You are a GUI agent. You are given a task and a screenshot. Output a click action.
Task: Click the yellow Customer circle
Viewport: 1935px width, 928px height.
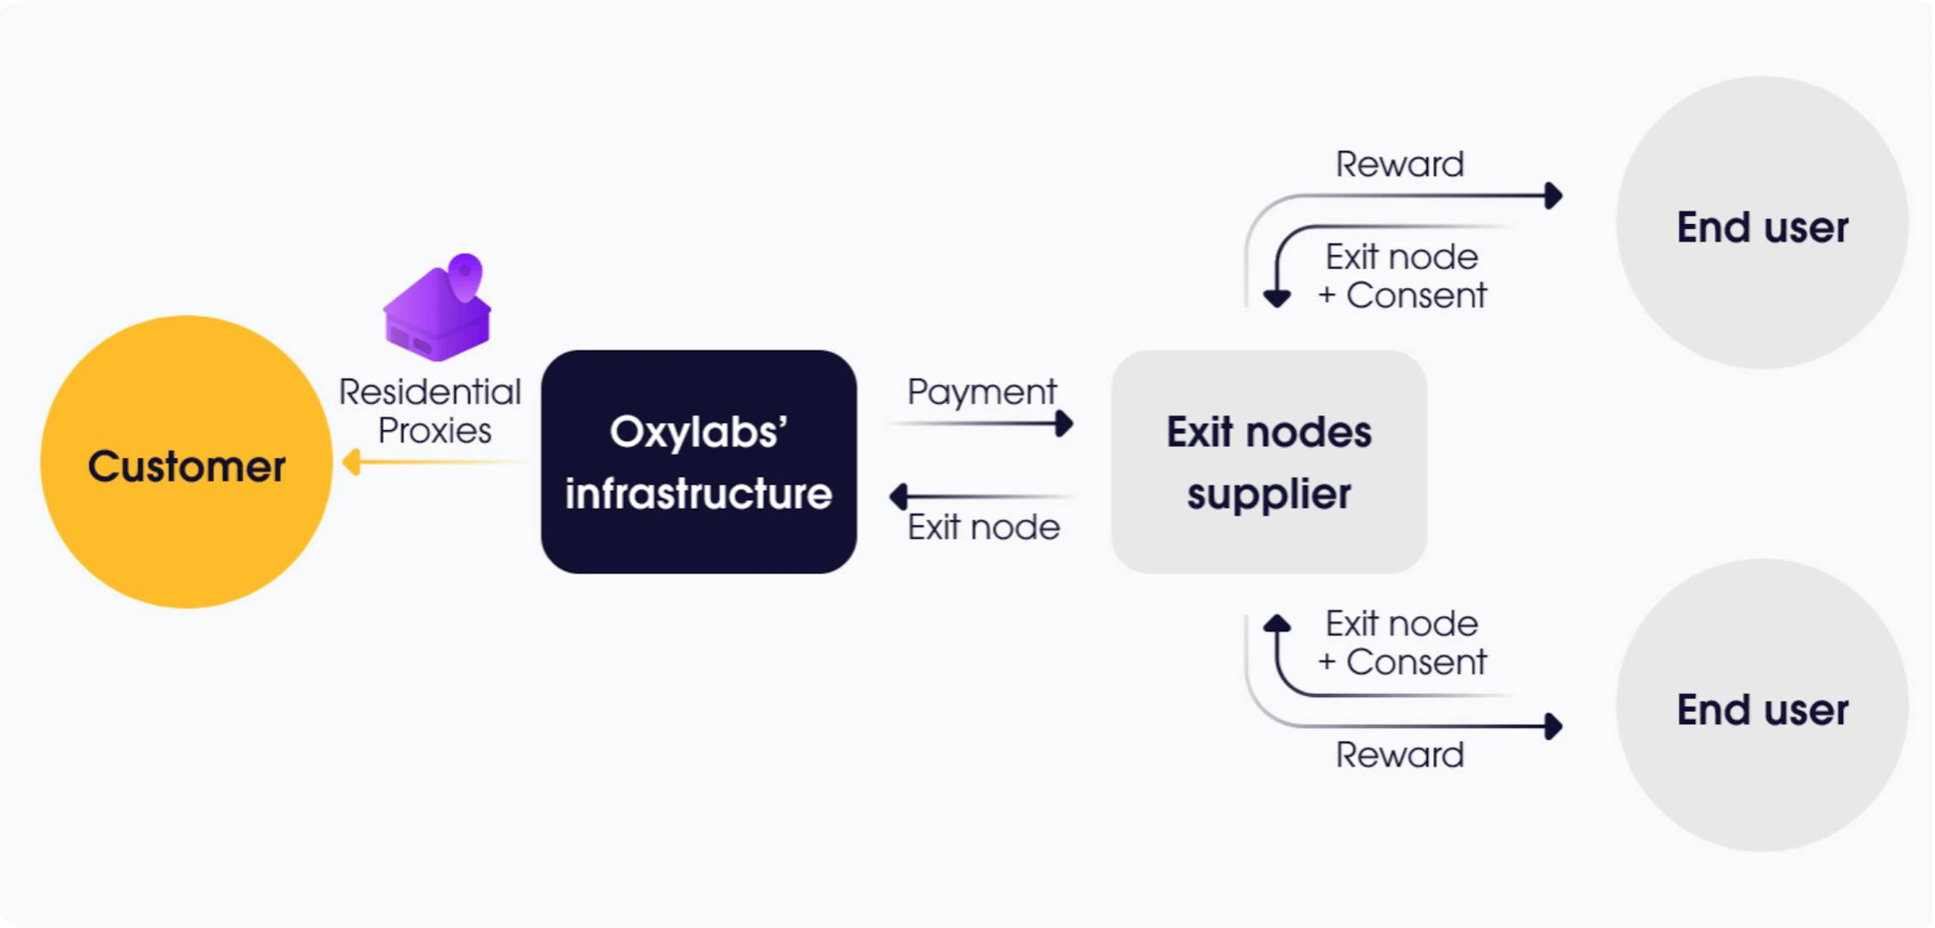tap(186, 462)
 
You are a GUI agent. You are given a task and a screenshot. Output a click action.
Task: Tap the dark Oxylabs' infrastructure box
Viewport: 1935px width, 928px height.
tap(698, 462)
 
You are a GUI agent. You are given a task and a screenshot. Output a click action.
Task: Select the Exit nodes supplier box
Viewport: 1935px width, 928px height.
tap(1269, 462)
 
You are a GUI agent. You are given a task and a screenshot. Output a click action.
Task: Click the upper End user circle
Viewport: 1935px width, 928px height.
tap(1762, 222)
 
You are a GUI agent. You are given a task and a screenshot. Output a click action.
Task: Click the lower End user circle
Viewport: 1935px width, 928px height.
tap(1762, 705)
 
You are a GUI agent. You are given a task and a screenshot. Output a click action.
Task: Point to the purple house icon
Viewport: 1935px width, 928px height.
tap(438, 307)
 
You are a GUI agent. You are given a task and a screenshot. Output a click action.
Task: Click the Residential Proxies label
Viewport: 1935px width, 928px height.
tap(430, 411)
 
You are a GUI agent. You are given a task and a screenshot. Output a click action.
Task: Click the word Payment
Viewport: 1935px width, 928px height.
tap(982, 392)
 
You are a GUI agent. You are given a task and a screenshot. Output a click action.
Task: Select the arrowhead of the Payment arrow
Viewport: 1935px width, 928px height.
tap(1064, 424)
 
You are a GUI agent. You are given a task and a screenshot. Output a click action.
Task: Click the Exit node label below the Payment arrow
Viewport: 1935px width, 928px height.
tap(983, 527)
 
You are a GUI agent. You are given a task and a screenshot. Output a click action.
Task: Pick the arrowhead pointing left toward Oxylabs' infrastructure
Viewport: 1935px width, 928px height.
tap(898, 496)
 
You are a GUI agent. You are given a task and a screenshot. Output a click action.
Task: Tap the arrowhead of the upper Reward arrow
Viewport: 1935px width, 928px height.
tap(1554, 196)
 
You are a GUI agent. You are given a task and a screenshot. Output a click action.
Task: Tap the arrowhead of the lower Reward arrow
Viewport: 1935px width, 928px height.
tap(1554, 726)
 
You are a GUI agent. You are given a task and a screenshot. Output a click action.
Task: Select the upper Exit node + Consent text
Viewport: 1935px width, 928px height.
tap(1402, 276)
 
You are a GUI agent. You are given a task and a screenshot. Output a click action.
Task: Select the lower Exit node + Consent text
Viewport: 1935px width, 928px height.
tap(1402, 643)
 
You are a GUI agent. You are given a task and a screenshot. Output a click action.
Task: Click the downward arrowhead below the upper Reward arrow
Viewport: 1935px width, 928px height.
tap(1277, 299)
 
